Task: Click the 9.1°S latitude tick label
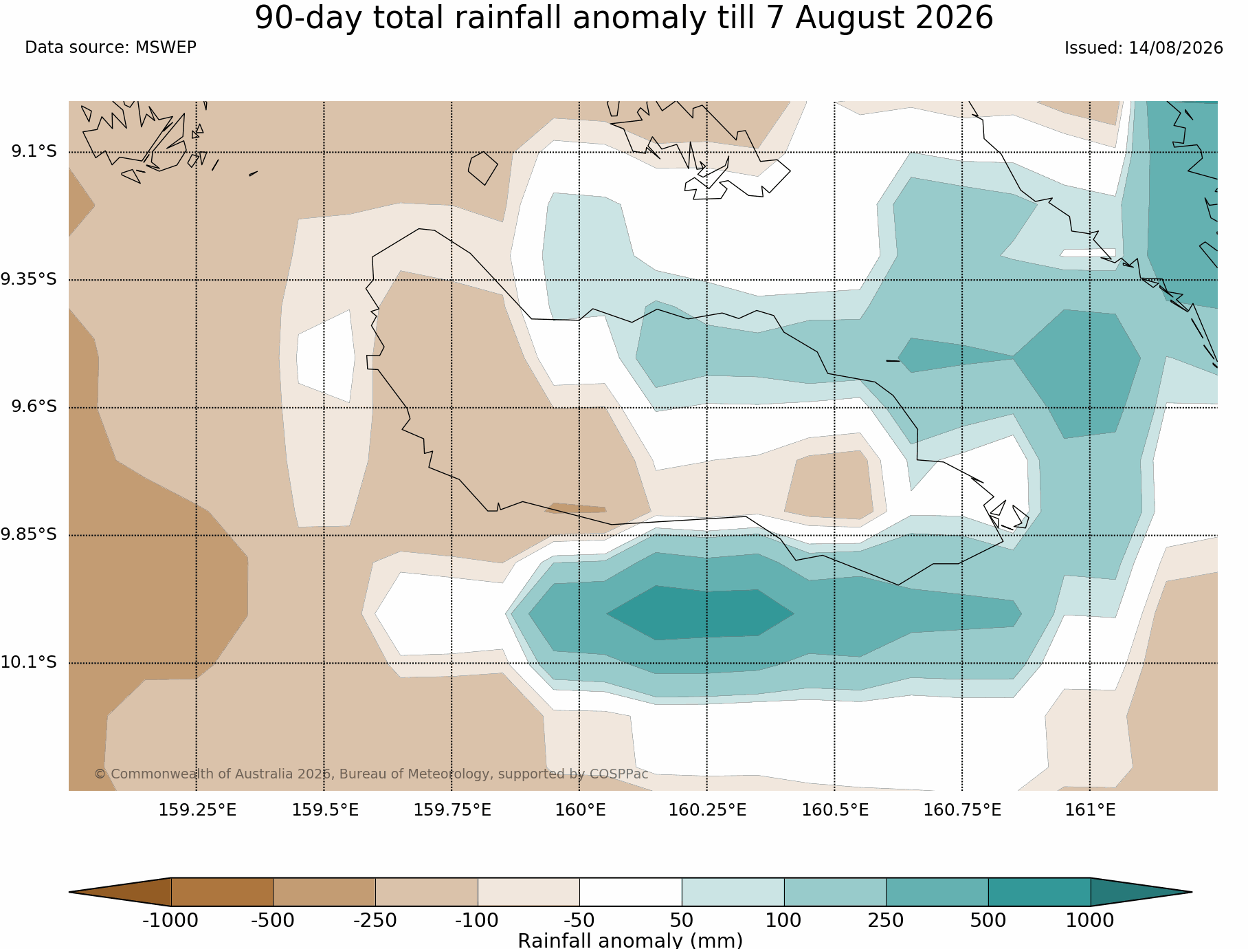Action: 34,151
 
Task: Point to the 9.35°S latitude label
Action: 29,279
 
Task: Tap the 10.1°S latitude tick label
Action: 29,662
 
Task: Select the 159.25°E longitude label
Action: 197,810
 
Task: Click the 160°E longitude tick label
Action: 580,810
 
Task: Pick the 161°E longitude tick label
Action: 1090,810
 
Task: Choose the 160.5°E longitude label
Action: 835,810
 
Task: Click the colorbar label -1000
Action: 170,920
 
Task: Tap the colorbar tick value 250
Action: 886,920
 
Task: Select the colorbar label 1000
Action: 1090,920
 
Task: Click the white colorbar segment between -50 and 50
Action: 631,892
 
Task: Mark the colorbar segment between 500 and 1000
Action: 1039,892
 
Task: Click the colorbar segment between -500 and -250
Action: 324,892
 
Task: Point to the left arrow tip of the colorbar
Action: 69,892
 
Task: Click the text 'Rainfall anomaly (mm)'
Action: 630,940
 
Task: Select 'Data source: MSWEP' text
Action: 111,47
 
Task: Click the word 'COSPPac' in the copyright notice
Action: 619,774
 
